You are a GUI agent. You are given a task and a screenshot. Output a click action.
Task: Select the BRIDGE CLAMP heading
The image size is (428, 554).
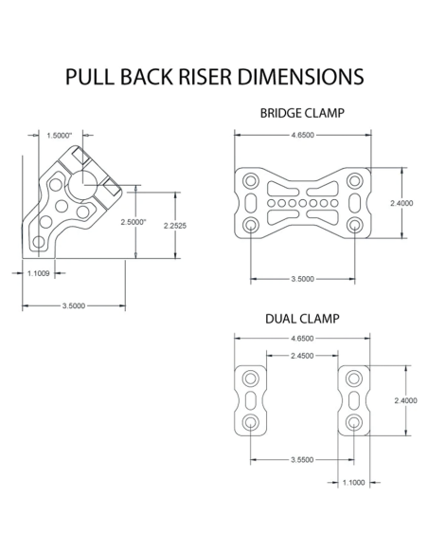(301, 113)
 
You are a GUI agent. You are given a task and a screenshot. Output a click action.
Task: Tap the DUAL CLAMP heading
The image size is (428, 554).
(301, 319)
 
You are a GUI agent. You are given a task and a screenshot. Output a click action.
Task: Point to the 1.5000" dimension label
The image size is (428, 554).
(59, 136)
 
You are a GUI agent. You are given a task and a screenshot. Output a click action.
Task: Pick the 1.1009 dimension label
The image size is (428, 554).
(39, 273)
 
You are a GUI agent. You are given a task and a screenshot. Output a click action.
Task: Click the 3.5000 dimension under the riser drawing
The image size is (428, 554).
(73, 305)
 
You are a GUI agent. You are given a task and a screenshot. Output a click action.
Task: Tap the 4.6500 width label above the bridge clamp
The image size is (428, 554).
(302, 136)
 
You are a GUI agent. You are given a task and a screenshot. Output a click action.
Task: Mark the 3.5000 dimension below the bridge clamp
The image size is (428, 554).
(302, 279)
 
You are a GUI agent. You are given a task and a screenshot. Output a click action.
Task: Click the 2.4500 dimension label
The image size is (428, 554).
(302, 355)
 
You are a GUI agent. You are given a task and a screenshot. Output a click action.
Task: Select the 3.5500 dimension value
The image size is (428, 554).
(302, 460)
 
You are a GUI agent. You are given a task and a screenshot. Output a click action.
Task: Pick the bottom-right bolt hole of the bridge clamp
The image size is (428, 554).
(354, 224)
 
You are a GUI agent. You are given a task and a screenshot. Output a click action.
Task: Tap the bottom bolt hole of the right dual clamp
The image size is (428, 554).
(353, 421)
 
